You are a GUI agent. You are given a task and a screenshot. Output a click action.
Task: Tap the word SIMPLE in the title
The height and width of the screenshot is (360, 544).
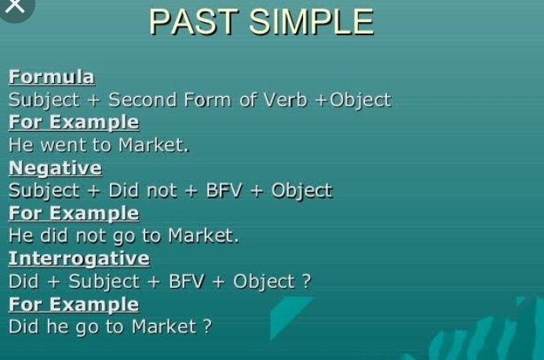click(x=311, y=22)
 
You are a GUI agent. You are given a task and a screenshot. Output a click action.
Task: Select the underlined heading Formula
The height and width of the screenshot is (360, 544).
click(x=51, y=77)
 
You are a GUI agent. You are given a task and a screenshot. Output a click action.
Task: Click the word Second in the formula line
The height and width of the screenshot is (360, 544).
click(x=143, y=100)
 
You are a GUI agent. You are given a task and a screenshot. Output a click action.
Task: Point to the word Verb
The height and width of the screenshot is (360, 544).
click(x=285, y=100)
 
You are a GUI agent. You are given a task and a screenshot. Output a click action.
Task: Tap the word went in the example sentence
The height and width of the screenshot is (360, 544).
click(x=63, y=145)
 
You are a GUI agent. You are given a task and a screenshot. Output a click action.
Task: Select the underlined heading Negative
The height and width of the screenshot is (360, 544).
click(x=55, y=169)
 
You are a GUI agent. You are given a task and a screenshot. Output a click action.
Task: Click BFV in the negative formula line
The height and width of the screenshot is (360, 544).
click(x=224, y=191)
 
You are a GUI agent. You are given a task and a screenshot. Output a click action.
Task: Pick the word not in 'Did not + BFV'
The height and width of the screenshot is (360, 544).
click(x=162, y=191)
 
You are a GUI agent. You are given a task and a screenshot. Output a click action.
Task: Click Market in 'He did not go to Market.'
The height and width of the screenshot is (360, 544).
click(x=203, y=235)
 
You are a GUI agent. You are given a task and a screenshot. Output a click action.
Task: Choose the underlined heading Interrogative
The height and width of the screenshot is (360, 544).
click(x=79, y=259)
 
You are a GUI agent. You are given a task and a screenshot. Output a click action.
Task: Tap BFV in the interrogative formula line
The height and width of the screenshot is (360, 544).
click(x=186, y=281)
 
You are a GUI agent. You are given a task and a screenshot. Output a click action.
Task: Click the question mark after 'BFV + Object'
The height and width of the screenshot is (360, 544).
click(x=306, y=281)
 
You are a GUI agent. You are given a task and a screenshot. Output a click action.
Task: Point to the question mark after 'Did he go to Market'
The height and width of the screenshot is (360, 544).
click(x=207, y=326)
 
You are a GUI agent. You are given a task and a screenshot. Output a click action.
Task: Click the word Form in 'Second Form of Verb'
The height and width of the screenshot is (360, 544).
click(x=207, y=100)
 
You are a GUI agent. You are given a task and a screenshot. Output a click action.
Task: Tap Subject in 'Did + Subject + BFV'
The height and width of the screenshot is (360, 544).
click(x=104, y=282)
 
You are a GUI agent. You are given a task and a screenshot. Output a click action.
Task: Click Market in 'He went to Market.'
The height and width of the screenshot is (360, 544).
click(x=154, y=145)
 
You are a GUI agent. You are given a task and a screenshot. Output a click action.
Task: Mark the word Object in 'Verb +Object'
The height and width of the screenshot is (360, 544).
click(x=360, y=100)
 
